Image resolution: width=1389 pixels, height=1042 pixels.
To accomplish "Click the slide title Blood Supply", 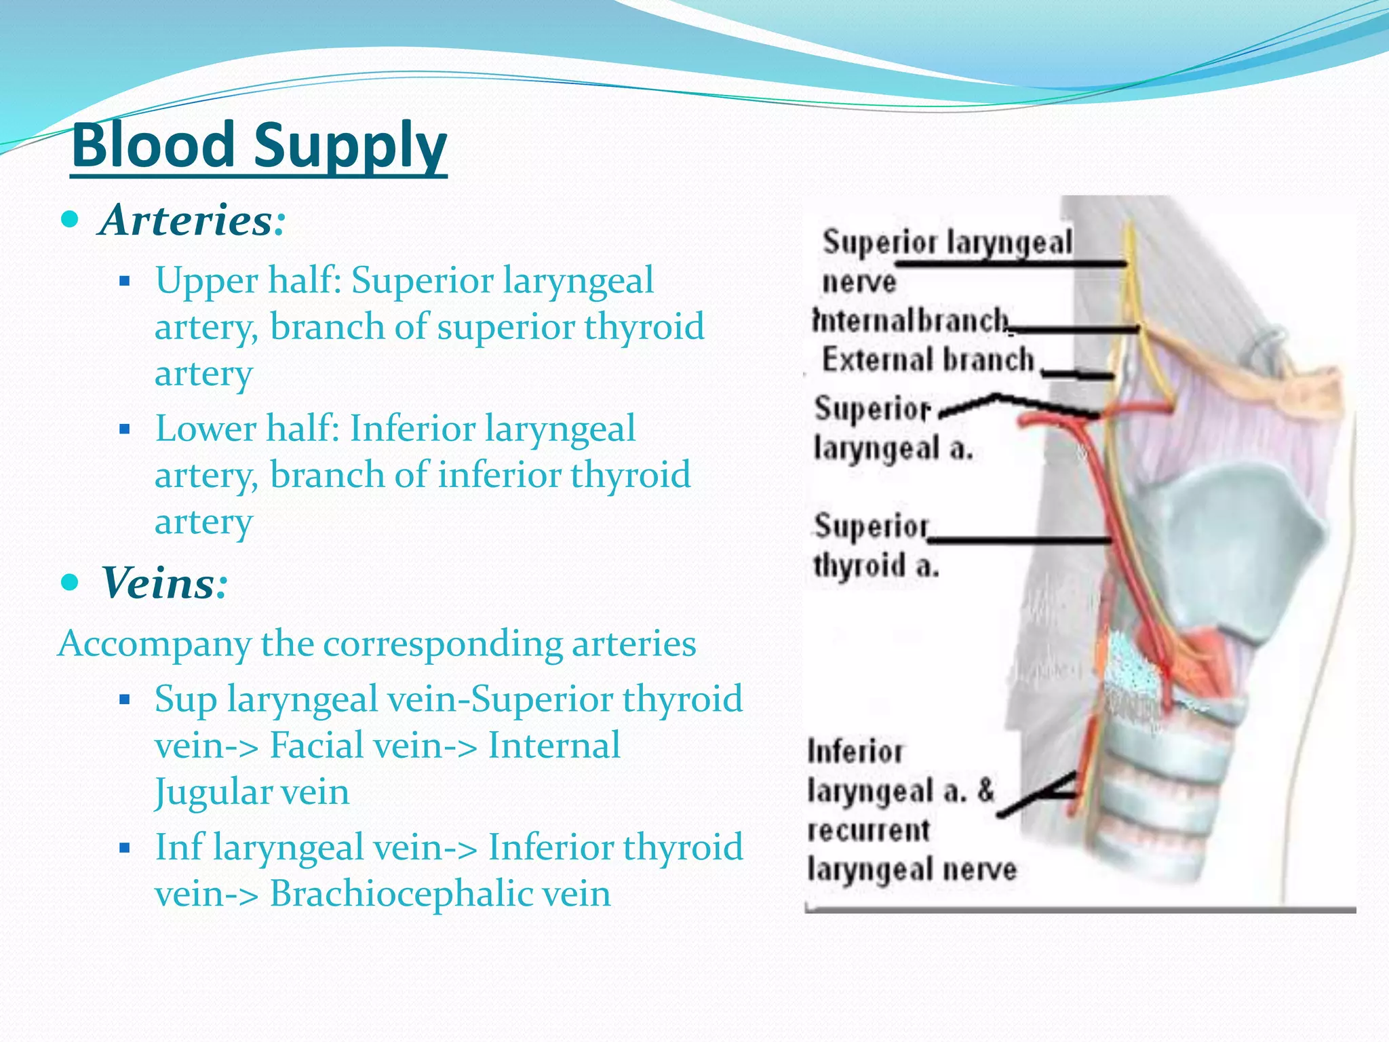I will (258, 145).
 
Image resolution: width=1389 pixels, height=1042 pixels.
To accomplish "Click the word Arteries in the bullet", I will (185, 220).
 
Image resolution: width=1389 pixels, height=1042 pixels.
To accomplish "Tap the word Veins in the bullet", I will (157, 583).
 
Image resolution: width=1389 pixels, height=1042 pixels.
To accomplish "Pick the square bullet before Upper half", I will (123, 280).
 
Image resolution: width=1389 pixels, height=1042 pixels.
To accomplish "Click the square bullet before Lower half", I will (123, 429).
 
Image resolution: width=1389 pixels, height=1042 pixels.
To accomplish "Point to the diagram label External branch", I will (928, 360).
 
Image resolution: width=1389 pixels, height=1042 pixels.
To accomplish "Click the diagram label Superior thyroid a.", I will (875, 545).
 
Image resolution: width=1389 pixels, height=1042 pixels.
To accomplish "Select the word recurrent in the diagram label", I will (868, 830).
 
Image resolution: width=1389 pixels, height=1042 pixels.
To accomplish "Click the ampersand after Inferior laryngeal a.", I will (985, 790).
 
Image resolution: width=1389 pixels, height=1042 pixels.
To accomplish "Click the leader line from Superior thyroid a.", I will (1017, 541).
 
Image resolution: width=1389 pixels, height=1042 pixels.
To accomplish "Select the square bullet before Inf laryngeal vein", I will (123, 847).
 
